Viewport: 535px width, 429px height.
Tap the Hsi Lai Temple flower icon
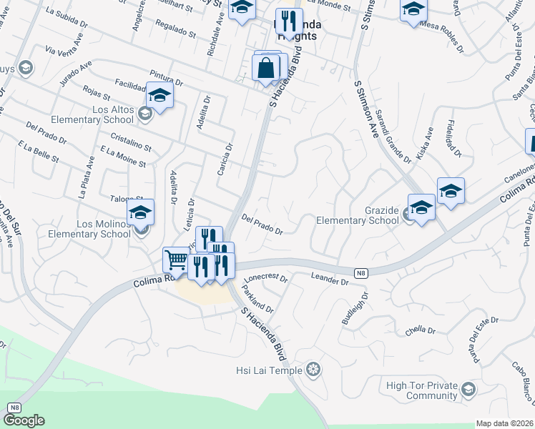[x=313, y=370]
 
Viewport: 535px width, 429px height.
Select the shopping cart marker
[x=175, y=260]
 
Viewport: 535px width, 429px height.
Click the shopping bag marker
[x=266, y=69]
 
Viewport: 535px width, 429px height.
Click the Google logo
[x=24, y=420]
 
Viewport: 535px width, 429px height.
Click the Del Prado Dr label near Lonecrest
[x=262, y=225]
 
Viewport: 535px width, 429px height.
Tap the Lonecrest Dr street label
[x=265, y=277]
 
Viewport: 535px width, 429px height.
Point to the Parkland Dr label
[x=257, y=299]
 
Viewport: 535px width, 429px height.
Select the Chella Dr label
[x=420, y=330]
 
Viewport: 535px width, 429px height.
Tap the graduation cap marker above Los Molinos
[x=141, y=212]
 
